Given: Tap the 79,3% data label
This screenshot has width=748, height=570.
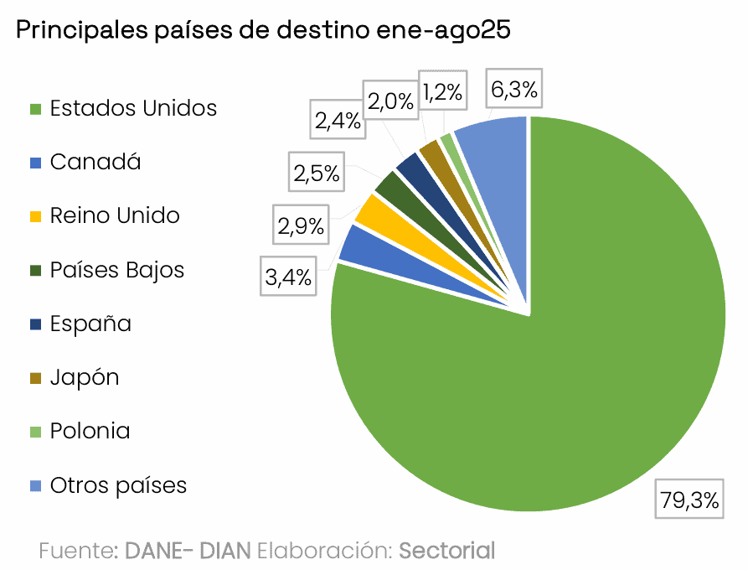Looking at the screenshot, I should tap(689, 500).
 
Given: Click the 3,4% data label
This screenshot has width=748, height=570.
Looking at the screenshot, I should tap(289, 277).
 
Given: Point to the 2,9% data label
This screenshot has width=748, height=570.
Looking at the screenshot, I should tap(302, 225).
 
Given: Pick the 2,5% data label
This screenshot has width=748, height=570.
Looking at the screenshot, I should tap(316, 174).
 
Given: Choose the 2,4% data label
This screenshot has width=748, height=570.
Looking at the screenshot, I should tap(338, 122).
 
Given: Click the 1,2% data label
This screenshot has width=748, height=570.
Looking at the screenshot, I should tap(442, 92).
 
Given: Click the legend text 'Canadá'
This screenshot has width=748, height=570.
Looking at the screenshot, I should tap(95, 162).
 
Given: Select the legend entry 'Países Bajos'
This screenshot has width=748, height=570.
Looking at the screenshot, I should tap(116, 270).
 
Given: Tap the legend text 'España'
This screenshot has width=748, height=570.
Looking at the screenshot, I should tap(90, 324).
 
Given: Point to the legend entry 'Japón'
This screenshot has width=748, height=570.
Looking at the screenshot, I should tap(85, 377).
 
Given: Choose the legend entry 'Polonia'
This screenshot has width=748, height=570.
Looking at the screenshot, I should tap(90, 431).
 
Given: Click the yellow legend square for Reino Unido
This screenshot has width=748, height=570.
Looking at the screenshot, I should tap(35, 216).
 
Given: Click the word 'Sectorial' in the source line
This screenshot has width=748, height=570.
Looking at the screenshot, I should tap(446, 551).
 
